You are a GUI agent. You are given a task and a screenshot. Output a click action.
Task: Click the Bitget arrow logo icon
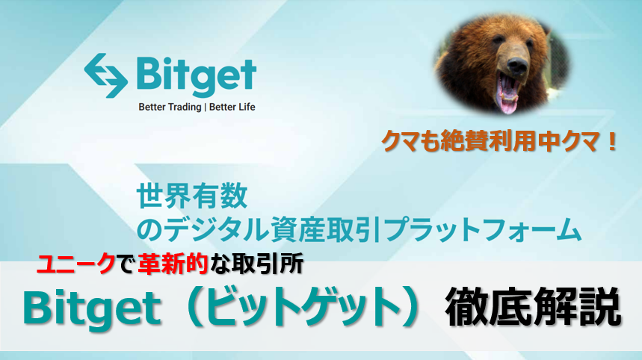[105, 75]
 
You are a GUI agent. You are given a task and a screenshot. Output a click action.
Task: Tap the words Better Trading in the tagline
[170, 108]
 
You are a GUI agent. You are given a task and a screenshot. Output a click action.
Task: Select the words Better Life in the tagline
[232, 107]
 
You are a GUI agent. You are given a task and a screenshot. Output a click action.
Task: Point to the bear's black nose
[517, 66]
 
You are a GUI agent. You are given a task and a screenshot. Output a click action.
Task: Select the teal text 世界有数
[192, 196]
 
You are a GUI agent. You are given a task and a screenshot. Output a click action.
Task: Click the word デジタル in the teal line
[218, 229]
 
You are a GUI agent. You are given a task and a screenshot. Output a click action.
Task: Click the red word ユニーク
[75, 264]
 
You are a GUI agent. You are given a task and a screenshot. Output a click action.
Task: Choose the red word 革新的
[172, 264]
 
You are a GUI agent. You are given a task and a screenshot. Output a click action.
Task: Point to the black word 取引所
[267, 264]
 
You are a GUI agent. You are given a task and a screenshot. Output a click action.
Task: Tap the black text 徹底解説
[533, 308]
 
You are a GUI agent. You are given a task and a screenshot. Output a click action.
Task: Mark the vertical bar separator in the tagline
[205, 108]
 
